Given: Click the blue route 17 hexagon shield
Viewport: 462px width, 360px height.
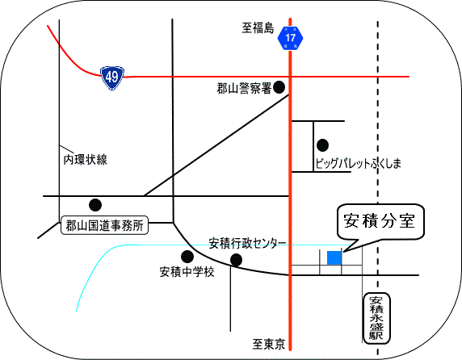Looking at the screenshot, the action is (290, 38).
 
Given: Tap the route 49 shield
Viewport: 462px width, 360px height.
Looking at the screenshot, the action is (112, 77).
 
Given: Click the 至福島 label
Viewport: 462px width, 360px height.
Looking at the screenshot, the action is (258, 28).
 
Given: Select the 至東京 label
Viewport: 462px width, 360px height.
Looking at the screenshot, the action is (268, 344).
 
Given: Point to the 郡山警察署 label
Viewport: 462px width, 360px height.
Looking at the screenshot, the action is (244, 88).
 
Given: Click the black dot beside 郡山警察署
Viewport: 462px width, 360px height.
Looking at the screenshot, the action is (279, 87).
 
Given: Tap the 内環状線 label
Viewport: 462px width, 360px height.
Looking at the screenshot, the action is (86, 160).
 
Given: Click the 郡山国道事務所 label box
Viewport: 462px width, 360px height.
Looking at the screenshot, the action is (104, 226).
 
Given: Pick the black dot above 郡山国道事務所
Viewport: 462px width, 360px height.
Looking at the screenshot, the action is (95, 205).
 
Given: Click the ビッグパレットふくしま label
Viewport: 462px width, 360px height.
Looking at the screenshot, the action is (359, 163).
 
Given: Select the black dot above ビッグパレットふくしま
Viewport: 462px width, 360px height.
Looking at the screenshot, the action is (322, 145).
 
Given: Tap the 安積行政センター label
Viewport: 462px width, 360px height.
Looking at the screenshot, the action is (247, 244).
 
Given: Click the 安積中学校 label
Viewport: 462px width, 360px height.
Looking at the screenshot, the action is (187, 272).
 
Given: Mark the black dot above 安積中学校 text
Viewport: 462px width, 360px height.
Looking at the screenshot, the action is (187, 257).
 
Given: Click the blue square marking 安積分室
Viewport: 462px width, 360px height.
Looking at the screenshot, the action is (334, 257).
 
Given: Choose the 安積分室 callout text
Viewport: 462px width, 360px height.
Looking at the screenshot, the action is (380, 221).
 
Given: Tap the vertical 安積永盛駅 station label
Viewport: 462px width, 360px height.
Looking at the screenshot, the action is (377, 318).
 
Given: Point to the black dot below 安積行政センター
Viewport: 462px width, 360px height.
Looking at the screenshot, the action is (237, 260).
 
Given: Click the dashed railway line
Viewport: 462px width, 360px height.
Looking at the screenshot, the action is (378, 188).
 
